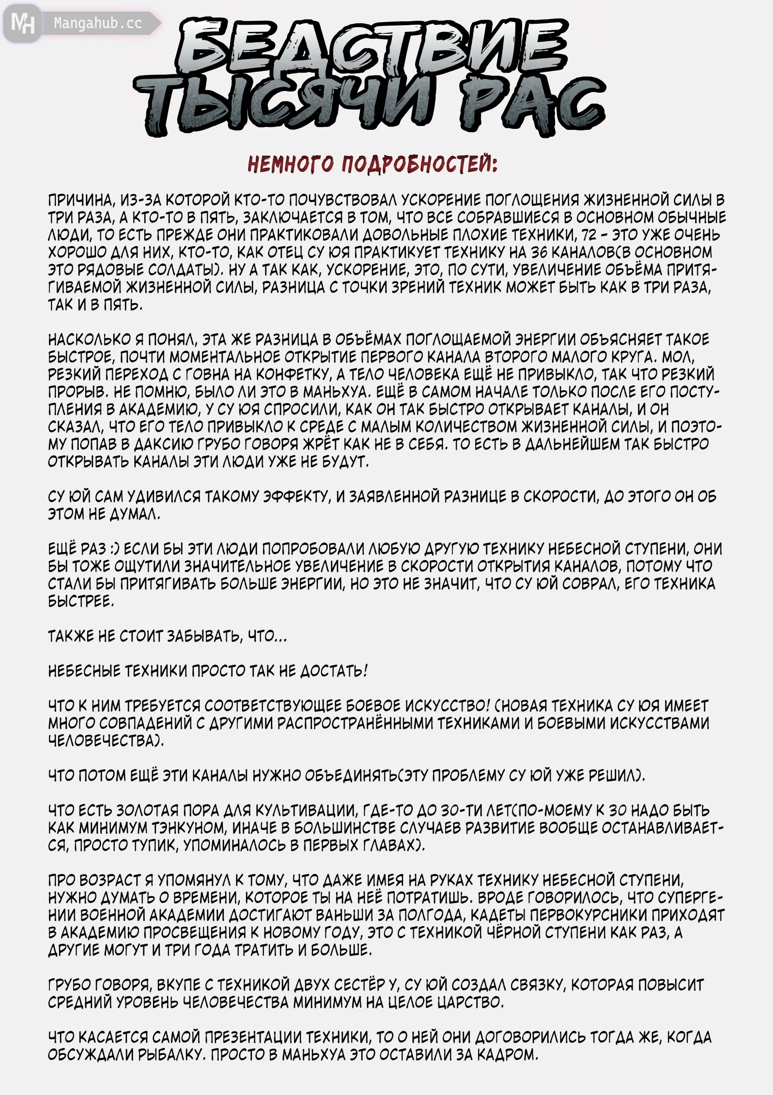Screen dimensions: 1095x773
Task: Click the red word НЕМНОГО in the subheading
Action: click(x=290, y=165)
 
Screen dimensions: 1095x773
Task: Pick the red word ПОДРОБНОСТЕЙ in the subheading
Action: click(x=419, y=165)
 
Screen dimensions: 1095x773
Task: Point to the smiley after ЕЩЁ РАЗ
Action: click(x=114, y=549)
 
